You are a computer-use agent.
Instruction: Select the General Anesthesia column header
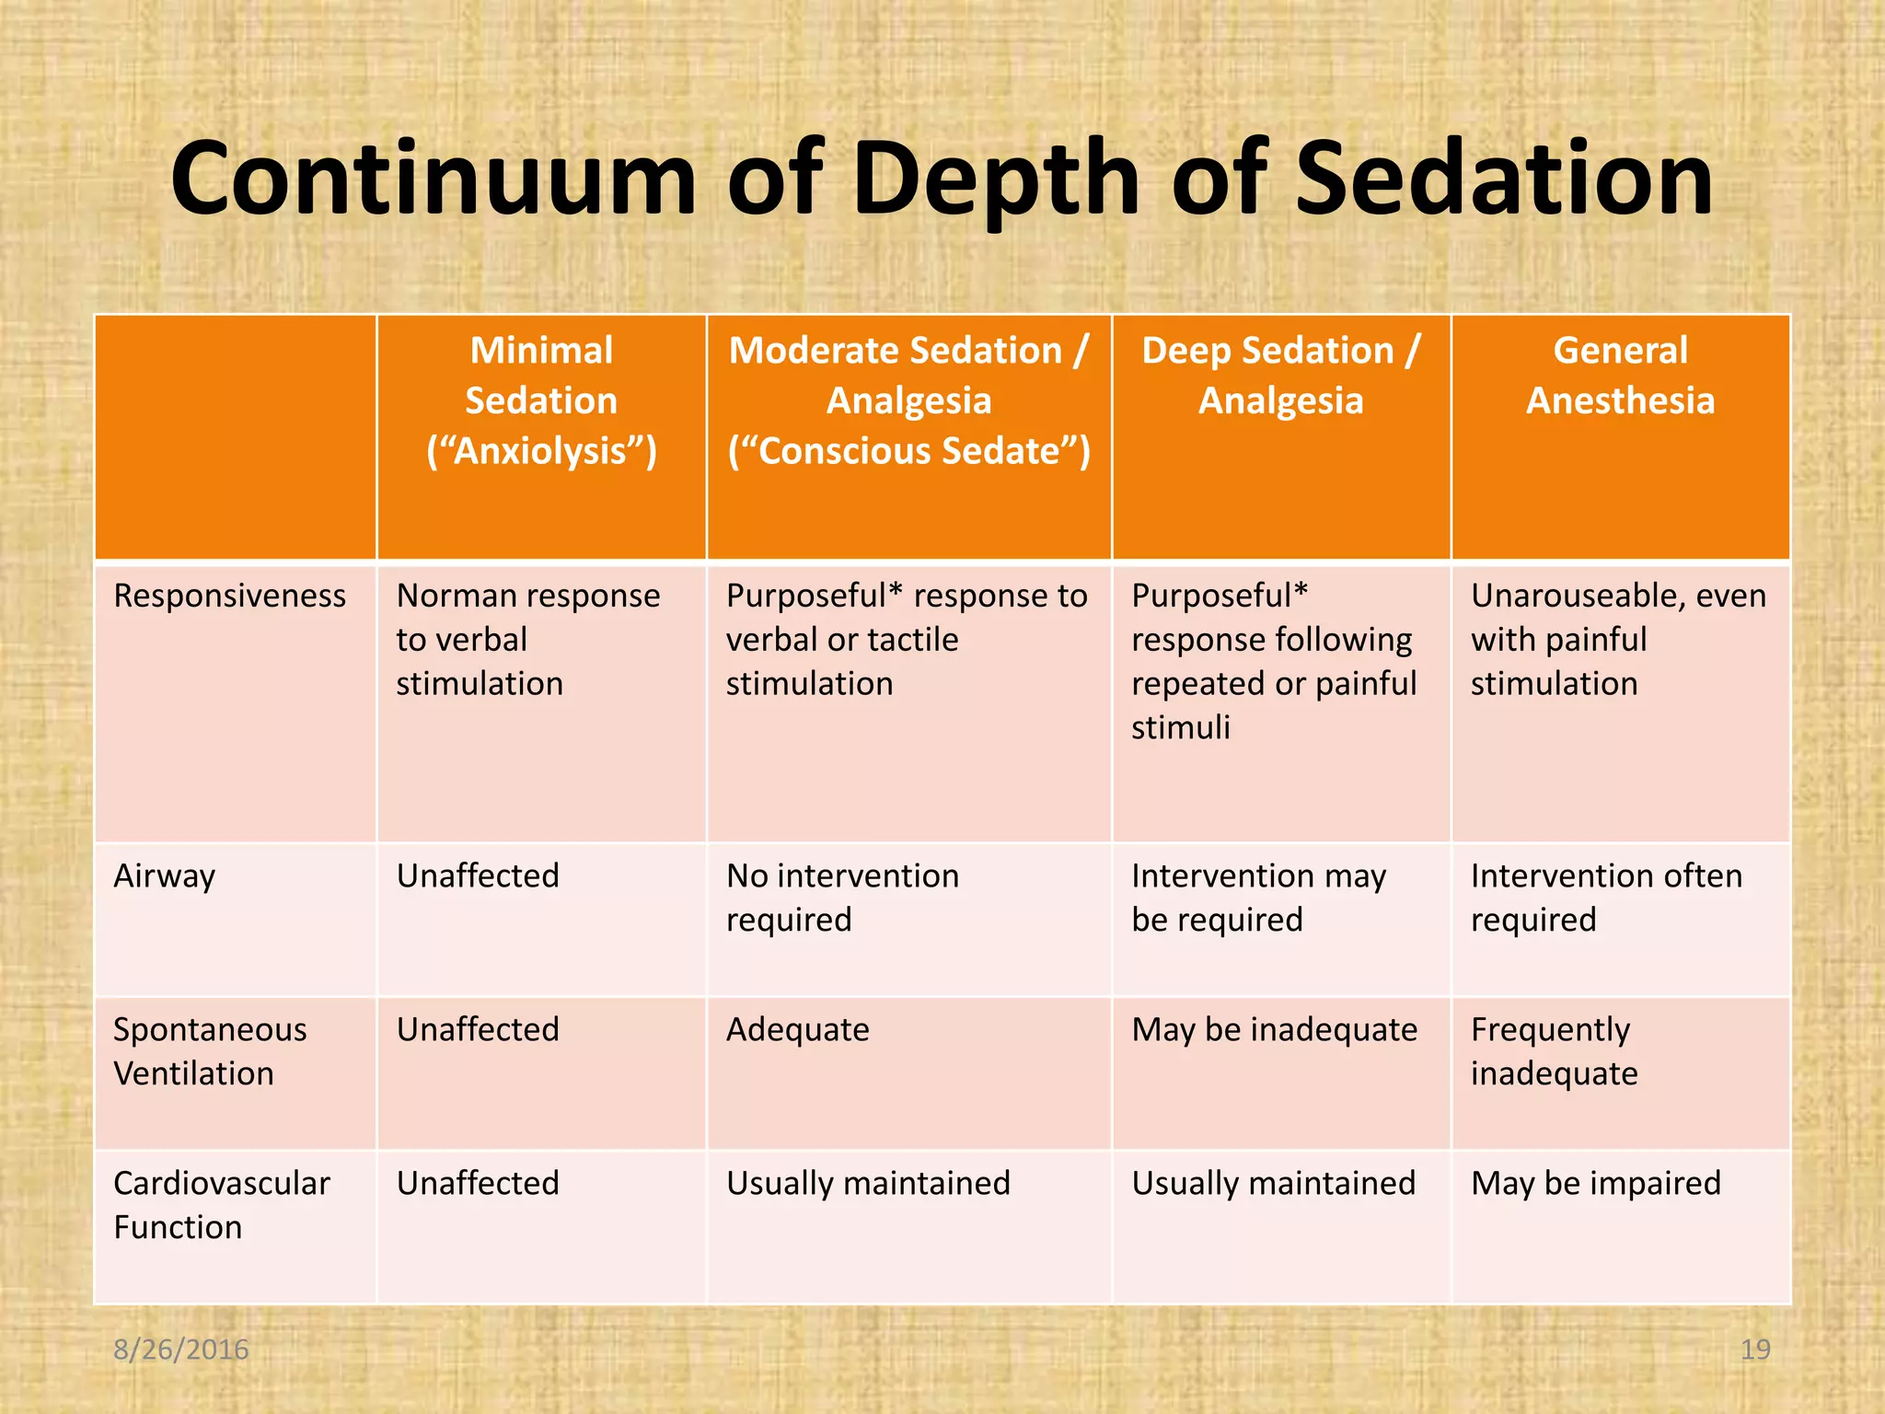click(1620, 376)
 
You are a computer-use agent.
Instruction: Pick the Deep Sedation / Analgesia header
click(1280, 376)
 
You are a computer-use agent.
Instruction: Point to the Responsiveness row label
click(229, 596)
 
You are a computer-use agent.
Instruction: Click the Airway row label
click(164, 875)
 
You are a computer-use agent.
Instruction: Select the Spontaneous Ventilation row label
click(210, 1051)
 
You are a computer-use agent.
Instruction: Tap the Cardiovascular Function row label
click(221, 1204)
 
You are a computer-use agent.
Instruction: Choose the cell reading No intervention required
click(842, 898)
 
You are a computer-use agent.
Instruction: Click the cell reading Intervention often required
click(1606, 898)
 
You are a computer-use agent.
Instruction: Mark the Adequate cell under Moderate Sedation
click(797, 1029)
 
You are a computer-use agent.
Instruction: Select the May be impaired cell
click(1595, 1183)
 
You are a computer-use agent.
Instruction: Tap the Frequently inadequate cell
click(1554, 1051)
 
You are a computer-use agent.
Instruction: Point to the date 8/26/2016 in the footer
click(180, 1350)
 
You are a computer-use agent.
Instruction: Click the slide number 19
click(1755, 1350)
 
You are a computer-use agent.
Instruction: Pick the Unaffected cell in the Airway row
click(478, 875)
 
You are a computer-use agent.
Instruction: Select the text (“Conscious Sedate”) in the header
click(908, 451)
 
